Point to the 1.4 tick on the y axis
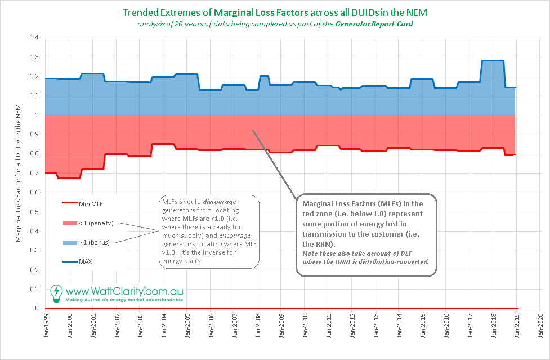click(34, 38)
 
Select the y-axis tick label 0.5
click(34, 212)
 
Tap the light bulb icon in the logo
click(56, 292)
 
